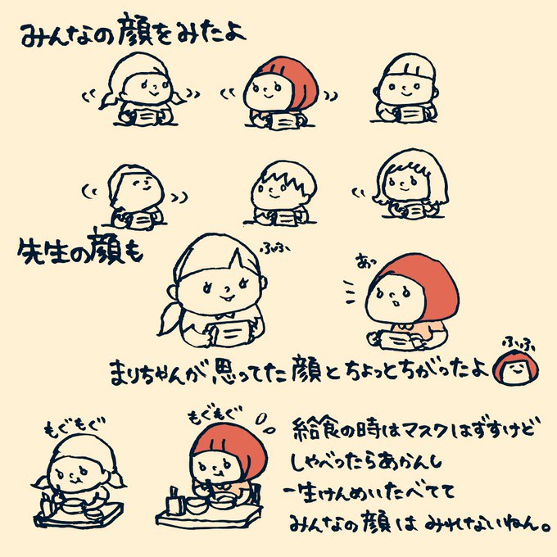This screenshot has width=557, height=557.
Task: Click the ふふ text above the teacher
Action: coord(274,247)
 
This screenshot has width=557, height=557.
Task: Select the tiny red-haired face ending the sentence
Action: coord(516,367)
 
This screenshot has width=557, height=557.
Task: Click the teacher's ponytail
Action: coord(170,319)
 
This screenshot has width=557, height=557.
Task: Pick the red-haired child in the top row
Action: coord(281,93)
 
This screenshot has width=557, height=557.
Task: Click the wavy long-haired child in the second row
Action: coord(410,184)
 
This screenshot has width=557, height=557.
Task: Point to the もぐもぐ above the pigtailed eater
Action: coord(75,425)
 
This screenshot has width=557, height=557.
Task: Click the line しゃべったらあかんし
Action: coord(366,461)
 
